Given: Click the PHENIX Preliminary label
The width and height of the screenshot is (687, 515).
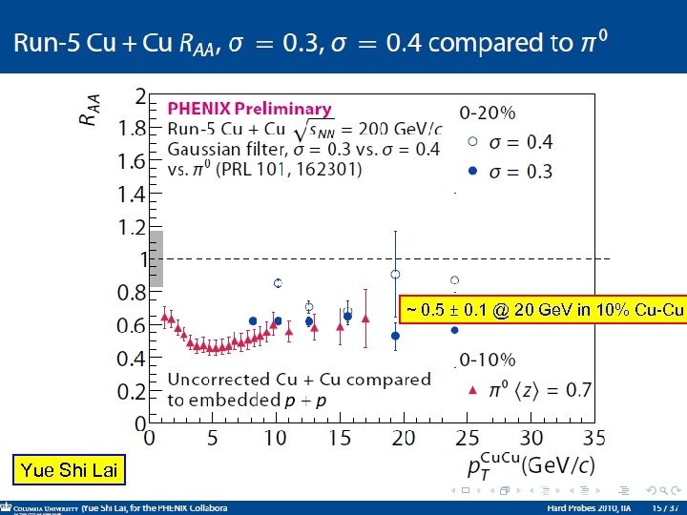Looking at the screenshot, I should point(250,110).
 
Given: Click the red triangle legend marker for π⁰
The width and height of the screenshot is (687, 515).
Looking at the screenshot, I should point(472,390).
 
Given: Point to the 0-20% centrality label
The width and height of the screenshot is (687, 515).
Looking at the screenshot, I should point(488,113).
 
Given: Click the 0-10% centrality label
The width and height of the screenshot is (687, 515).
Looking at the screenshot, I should point(488,360).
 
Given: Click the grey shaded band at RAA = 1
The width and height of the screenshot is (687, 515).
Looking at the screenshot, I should point(156,258).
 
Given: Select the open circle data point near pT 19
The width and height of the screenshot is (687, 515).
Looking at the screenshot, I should point(396,275).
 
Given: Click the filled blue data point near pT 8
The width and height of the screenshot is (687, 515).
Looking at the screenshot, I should point(253,321).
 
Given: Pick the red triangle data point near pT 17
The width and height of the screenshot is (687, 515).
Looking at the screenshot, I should point(365,318).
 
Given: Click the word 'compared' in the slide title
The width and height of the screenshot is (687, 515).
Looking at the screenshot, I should point(472,43).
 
